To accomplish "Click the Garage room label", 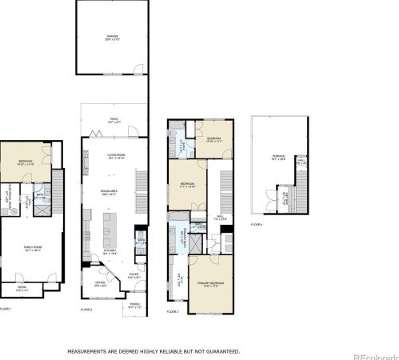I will pos(113,36).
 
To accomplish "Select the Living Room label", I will pos(115,157).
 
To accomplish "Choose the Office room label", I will pos(100,282).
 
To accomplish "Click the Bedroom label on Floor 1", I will pos(26,162).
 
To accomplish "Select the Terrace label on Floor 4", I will pos(278,158).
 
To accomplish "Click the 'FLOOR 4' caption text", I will pos(257,225).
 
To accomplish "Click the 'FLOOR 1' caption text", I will pos(6,309).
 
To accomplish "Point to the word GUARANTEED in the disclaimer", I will pos(219,350).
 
